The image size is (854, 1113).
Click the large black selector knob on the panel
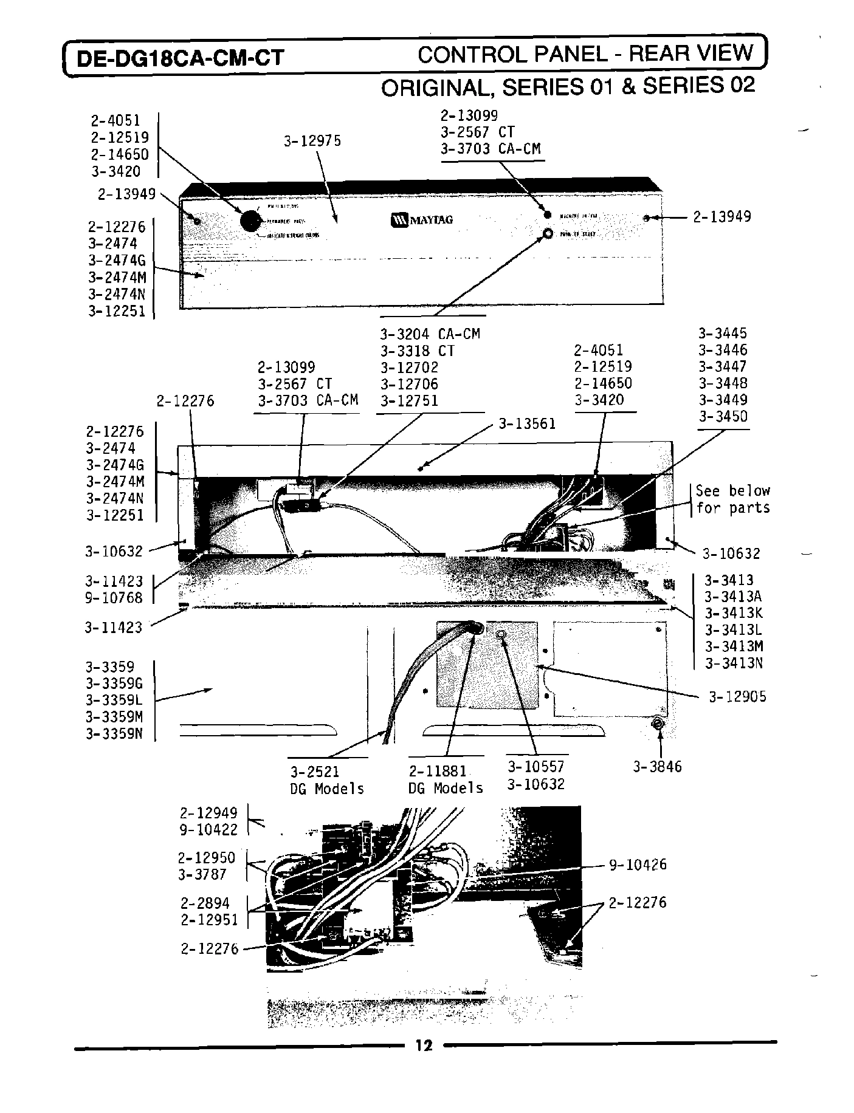click(x=249, y=221)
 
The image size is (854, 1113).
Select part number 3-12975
click(x=312, y=141)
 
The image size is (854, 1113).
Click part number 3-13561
click(x=527, y=424)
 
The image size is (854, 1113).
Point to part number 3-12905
click(x=737, y=697)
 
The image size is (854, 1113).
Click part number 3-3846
click(x=657, y=767)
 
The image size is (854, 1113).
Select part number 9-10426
click(x=638, y=865)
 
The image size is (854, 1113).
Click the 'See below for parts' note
click(x=732, y=499)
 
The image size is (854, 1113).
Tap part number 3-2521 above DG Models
click(x=314, y=772)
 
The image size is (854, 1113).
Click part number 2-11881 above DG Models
click(x=437, y=771)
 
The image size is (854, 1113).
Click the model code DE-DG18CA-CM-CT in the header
click(x=179, y=58)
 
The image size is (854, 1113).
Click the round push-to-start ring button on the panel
click(x=548, y=234)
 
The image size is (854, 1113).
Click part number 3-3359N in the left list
click(x=114, y=733)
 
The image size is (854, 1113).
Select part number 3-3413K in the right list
click(x=733, y=612)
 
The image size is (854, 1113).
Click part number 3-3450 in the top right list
click(x=723, y=417)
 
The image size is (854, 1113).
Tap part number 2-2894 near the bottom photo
click(x=205, y=903)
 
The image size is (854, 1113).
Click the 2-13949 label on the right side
click(x=721, y=216)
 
